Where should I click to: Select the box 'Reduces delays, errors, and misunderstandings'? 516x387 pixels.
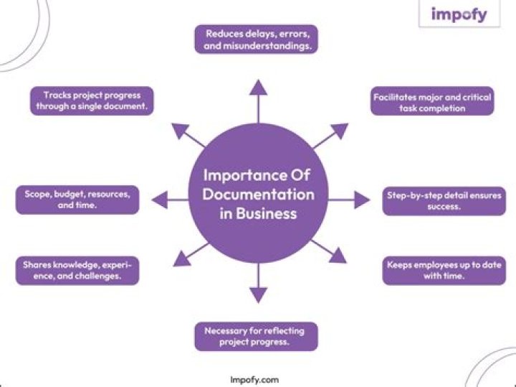tap(257, 39)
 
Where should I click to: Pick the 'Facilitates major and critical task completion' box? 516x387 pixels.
tap(433, 101)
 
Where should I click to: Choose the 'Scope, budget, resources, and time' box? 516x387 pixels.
tap(77, 199)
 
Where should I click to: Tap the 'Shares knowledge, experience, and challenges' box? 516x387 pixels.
tap(77, 270)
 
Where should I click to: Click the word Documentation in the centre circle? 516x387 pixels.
tap(258, 195)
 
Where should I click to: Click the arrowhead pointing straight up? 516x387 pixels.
tap(258, 87)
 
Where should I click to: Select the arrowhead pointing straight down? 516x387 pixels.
tap(258, 294)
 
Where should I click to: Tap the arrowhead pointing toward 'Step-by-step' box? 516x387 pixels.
tap(359, 200)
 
